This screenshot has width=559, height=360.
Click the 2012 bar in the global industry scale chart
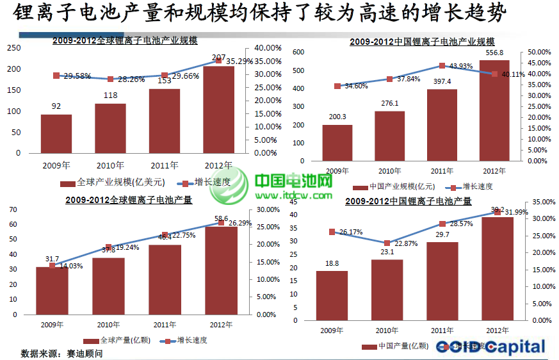coord(218,110)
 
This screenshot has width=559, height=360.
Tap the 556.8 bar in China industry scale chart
coord(494,110)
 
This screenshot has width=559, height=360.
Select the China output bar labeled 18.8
coord(332,295)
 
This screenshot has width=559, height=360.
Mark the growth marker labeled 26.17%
coord(332,232)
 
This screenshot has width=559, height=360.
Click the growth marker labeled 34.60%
coord(337,86)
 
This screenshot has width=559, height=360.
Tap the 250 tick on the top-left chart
coord(13,47)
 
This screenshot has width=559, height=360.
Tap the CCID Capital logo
coord(490,347)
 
